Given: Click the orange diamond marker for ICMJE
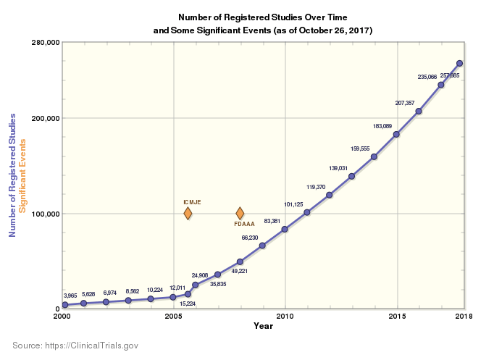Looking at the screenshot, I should pos(188,213).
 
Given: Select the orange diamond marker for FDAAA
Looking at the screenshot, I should pos(240,213).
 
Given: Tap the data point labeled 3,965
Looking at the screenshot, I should pos(64,305).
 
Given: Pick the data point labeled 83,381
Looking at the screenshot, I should pos(285,229).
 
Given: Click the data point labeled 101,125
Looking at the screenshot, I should pos(307,212).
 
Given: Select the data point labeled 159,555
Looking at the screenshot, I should pos(374,156).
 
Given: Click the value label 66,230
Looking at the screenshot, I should pos(250,238).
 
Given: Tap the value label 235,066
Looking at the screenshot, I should pos(427,76).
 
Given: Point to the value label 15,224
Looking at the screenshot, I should pos(188,304).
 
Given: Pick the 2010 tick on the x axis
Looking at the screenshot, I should pos(285,317).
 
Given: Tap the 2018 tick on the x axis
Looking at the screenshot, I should pos(464,317).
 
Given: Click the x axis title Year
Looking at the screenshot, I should pos(264,326).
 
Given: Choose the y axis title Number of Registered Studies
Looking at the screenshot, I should pos(12,175).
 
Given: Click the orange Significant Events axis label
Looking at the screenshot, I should pos(22,175).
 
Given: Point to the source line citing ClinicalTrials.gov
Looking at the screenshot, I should pos(75,346).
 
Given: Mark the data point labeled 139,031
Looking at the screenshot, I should pos(351,176).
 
